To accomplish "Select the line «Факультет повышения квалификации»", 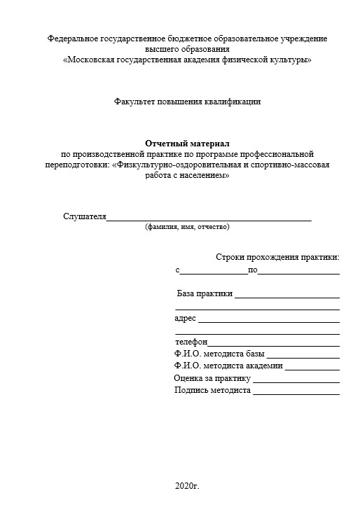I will tap(187, 102).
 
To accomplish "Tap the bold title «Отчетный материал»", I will tap(187, 143).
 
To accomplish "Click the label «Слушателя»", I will tap(84, 216).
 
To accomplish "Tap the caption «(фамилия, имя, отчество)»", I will tap(187, 227).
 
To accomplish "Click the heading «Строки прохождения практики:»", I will tap(278, 258).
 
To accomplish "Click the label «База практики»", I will tap(205, 293).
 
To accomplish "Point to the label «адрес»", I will tap(185, 318).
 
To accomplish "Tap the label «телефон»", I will tap(191, 342).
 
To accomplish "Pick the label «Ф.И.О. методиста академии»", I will tap(228, 366).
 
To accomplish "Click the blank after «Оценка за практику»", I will tap(296, 380).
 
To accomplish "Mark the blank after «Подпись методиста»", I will tap(296, 391).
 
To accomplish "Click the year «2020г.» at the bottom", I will tap(188, 485).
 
